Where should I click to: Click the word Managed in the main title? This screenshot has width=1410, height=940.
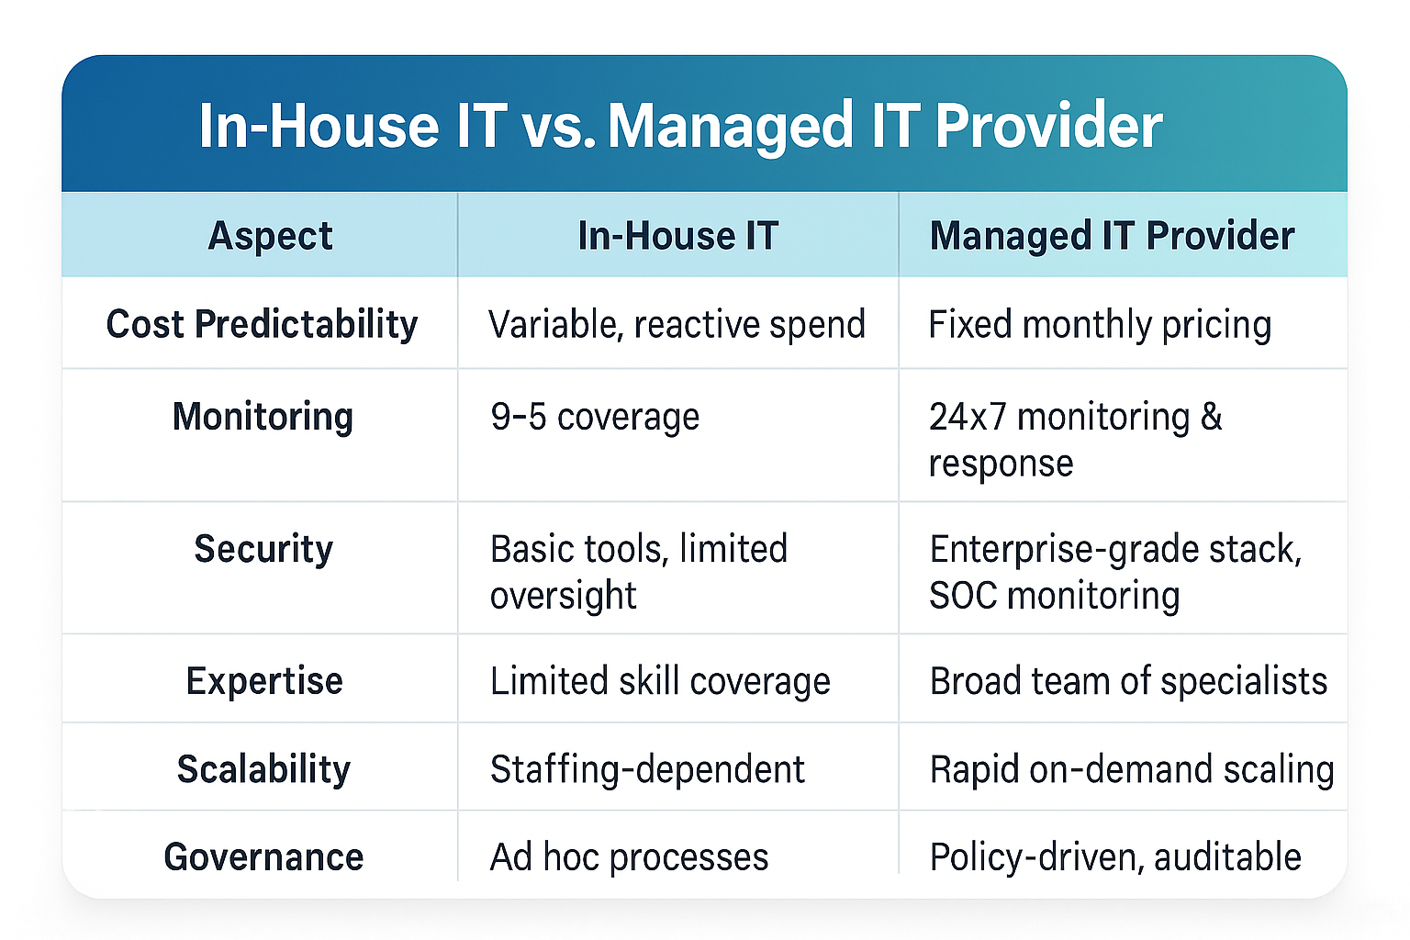[731, 126]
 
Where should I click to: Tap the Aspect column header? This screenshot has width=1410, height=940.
[270, 236]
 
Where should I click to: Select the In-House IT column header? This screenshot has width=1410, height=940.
[677, 236]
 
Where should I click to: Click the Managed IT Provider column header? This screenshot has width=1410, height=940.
[1112, 236]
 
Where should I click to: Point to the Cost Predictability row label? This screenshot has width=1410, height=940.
[262, 324]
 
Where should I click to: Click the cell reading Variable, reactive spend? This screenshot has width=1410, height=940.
[677, 324]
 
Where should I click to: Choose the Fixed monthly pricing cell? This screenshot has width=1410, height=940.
[1100, 324]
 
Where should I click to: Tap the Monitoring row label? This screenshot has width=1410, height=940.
[263, 417]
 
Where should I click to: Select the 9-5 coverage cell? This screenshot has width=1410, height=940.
[595, 417]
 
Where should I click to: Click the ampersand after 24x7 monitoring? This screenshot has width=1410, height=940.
[1212, 417]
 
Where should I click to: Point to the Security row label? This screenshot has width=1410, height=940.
[263, 549]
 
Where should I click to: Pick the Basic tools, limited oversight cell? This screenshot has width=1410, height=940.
[638, 571]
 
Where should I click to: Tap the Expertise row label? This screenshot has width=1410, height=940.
[264, 681]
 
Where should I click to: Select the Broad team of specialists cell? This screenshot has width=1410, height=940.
[1128, 681]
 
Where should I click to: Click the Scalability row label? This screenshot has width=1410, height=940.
[263, 769]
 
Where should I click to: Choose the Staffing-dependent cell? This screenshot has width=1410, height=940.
[647, 769]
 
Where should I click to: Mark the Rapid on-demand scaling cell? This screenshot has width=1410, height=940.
[1132, 769]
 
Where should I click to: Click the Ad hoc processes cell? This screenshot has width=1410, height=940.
[629, 857]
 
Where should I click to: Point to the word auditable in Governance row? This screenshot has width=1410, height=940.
[1227, 857]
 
